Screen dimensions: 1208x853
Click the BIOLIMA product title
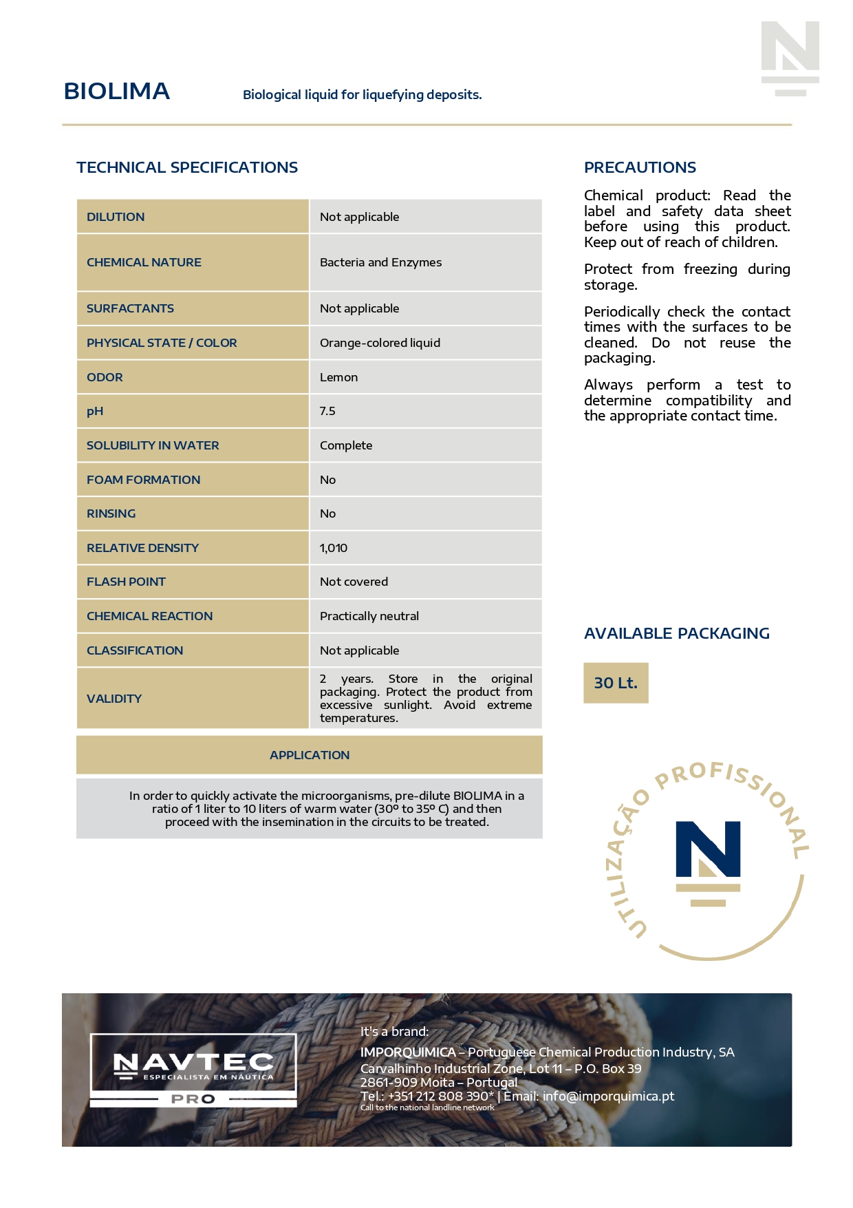(116, 92)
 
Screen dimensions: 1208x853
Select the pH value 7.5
(327, 411)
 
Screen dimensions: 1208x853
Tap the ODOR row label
(105, 377)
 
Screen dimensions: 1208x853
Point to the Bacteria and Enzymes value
(380, 262)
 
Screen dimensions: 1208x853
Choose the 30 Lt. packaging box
(616, 683)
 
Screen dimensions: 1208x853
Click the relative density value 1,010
(334, 548)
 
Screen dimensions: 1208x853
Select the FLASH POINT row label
(126, 582)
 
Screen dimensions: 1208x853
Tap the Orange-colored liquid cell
(380, 343)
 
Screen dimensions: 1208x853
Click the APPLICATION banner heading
(310, 755)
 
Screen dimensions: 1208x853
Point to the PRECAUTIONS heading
(640, 167)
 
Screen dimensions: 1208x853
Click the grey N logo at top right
(790, 58)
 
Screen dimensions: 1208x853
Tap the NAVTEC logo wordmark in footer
(193, 1063)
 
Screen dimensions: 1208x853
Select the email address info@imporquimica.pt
(608, 1096)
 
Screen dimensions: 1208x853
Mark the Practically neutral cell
(369, 616)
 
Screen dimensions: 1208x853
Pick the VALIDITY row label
(114, 699)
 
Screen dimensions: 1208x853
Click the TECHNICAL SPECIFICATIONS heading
(187, 167)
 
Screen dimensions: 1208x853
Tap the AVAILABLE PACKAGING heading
(676, 633)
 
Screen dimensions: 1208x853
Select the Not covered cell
(354, 582)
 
